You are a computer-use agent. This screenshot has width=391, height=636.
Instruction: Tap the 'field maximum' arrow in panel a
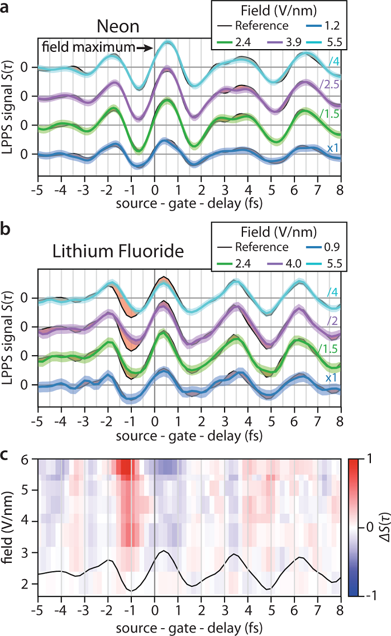(144, 49)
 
